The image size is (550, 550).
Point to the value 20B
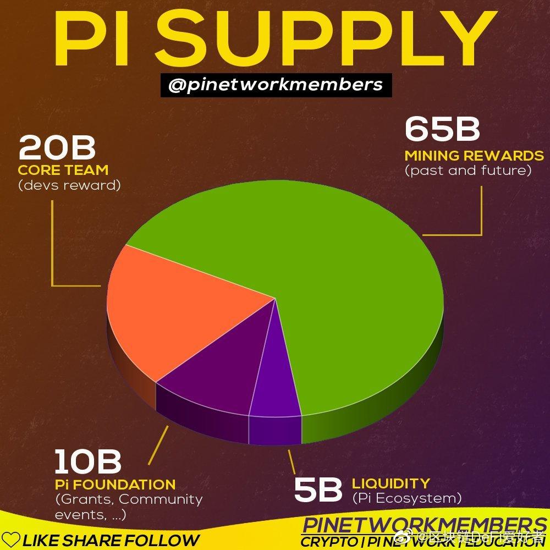coord(57,148)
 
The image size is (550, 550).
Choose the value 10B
coord(88,462)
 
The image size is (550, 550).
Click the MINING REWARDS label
coord(474,155)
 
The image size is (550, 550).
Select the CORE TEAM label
coord(63,169)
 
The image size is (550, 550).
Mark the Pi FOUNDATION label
coord(115,485)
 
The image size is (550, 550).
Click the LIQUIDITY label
coord(391,483)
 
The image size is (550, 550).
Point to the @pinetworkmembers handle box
coord(276,86)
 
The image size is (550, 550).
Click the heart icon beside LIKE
coord(11,540)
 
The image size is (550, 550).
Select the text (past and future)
coord(468,170)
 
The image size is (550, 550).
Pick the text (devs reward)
coord(69,185)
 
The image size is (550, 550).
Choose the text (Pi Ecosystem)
coord(406,499)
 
